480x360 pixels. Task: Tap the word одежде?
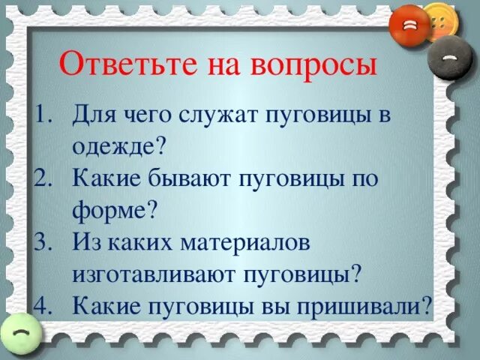(x=118, y=147)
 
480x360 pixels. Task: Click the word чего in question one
(x=141, y=115)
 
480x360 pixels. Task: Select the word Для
(x=92, y=115)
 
